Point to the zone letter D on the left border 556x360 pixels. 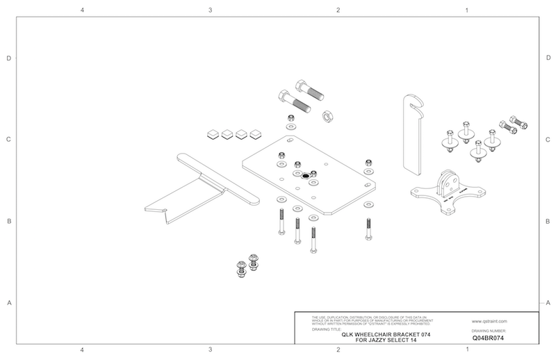tap(8, 58)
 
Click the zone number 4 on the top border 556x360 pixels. tap(82, 10)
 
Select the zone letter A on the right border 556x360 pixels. tap(548, 302)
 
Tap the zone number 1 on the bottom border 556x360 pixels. tap(466, 350)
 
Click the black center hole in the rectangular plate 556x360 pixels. tap(305, 177)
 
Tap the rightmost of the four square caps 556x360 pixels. tap(256, 132)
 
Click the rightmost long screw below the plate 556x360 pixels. tap(366, 227)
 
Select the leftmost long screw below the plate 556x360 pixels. tap(281, 222)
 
